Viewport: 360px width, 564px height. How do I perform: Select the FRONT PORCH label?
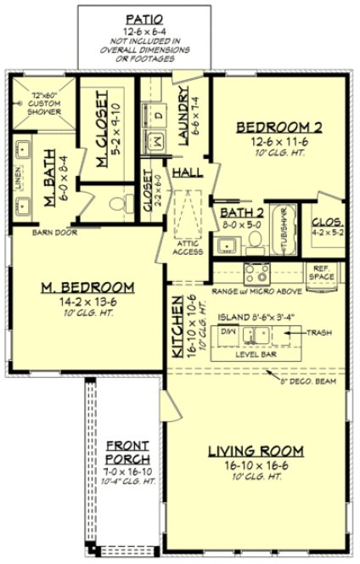click(128, 452)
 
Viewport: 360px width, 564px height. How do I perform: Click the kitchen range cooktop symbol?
click(256, 274)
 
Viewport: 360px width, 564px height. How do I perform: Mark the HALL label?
click(187, 172)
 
